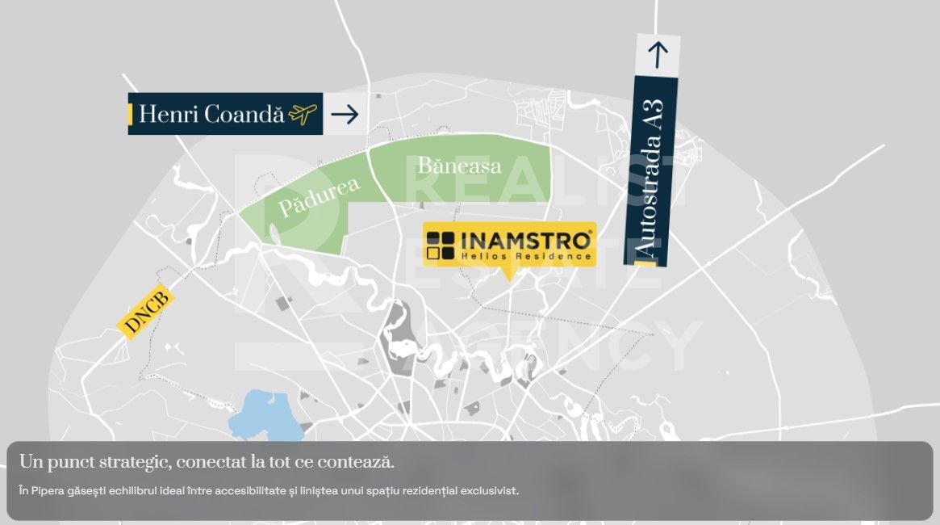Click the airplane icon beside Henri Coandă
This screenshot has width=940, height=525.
[x=303, y=115]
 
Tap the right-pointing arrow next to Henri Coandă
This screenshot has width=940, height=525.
[x=345, y=115]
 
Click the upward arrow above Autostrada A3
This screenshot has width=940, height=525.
[x=658, y=55]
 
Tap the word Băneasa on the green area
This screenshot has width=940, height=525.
[x=459, y=166]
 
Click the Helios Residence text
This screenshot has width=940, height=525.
[x=526, y=256]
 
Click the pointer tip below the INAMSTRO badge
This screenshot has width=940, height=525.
[x=508, y=279]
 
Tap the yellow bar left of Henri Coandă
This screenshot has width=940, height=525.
[x=130, y=114]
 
